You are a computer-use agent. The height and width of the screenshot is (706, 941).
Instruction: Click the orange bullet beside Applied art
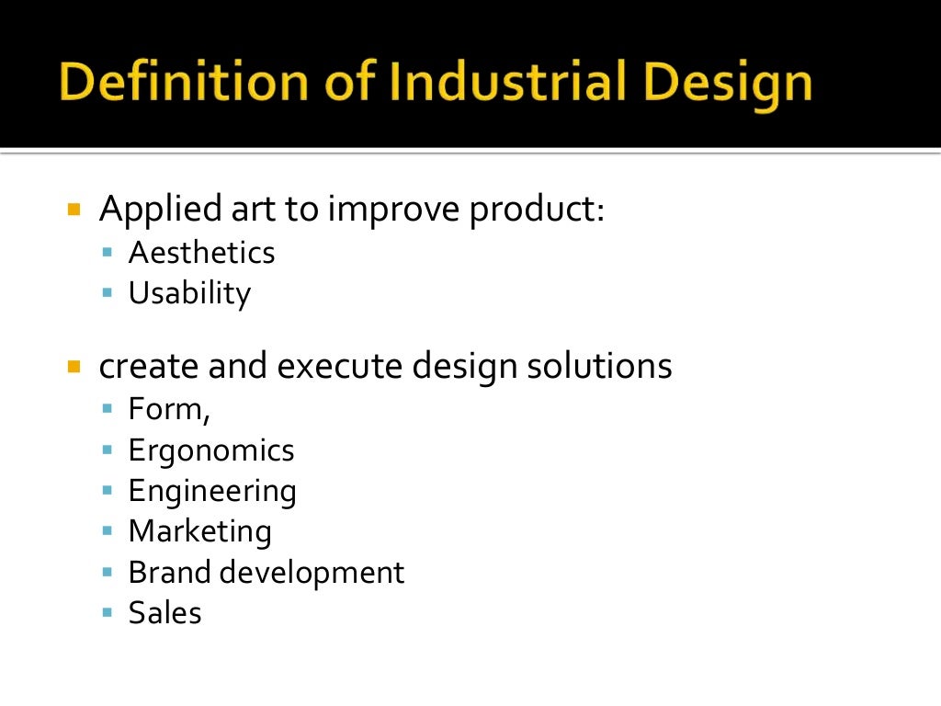pos(75,210)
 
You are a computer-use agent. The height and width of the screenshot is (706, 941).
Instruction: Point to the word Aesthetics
pos(201,253)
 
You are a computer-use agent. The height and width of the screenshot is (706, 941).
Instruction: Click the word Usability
pos(189,293)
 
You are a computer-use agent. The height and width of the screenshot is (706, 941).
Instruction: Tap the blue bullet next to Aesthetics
pos(108,252)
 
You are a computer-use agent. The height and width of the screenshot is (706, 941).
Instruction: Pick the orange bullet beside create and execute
pos(75,367)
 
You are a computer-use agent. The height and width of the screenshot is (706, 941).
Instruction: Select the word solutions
pos(599,367)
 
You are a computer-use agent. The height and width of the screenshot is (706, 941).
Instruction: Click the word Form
pos(167,409)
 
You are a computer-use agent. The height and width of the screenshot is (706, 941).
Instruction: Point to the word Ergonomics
pos(211,450)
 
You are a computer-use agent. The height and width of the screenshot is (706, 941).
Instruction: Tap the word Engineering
pos(212,491)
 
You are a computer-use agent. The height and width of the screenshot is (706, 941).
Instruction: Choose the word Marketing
pos(199,531)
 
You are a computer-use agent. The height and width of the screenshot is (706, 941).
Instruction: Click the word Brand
pos(165,572)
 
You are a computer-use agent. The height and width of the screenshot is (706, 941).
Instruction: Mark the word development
pos(309,572)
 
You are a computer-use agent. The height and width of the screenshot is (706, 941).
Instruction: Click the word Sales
pos(164,612)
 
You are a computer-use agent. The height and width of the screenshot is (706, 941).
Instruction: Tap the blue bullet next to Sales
pos(108,610)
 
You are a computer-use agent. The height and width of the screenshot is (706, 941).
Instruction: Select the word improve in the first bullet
pos(394,210)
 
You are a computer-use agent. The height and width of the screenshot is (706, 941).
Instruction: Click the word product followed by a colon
pos(535,210)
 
